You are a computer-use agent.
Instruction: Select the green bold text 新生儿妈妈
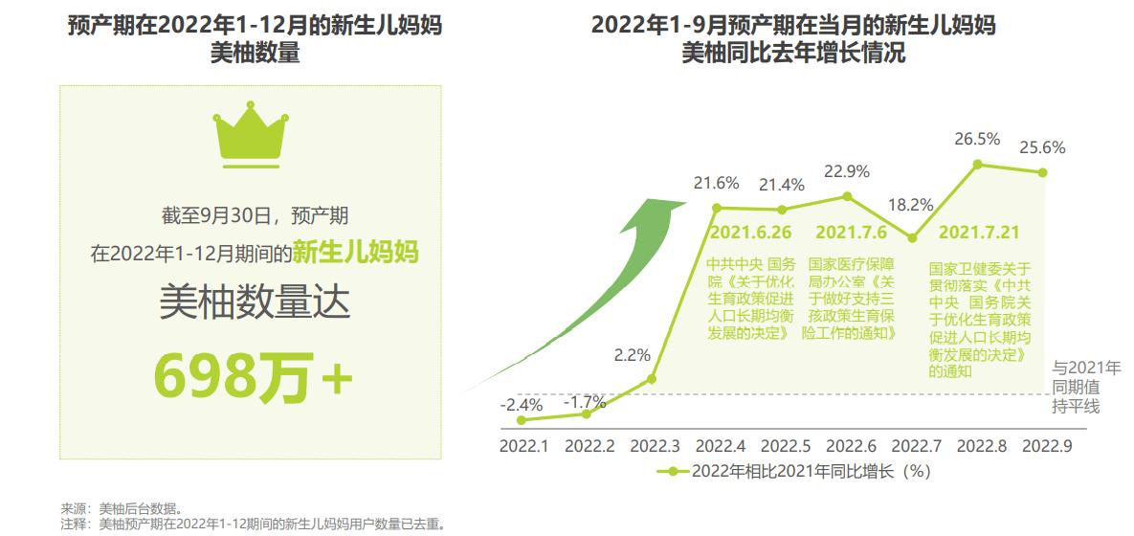355,253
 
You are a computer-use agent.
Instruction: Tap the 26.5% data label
977,140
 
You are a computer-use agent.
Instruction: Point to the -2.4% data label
521,404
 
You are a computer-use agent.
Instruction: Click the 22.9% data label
846,172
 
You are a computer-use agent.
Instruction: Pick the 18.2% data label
910,205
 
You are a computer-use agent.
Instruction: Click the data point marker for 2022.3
652,379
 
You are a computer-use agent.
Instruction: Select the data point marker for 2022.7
911,238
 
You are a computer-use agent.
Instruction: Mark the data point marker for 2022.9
1043,172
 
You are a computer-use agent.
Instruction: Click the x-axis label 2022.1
523,446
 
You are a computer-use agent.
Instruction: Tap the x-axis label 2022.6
851,446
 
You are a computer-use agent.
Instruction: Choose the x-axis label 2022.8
981,446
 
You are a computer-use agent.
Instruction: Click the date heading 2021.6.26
751,233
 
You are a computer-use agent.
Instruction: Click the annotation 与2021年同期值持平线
1085,388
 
